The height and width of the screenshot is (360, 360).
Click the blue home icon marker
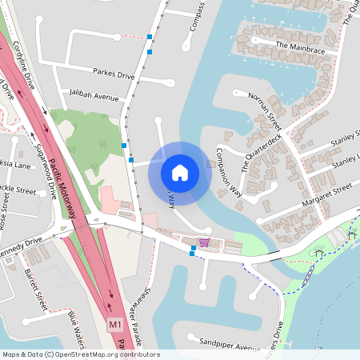(179, 173)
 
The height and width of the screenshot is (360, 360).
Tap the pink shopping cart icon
(205, 242)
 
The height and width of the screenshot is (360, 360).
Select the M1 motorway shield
(115, 325)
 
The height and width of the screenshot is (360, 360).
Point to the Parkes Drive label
(114, 74)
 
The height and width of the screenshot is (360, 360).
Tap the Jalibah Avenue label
(94, 94)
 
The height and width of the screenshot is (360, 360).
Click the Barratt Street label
(36, 289)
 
